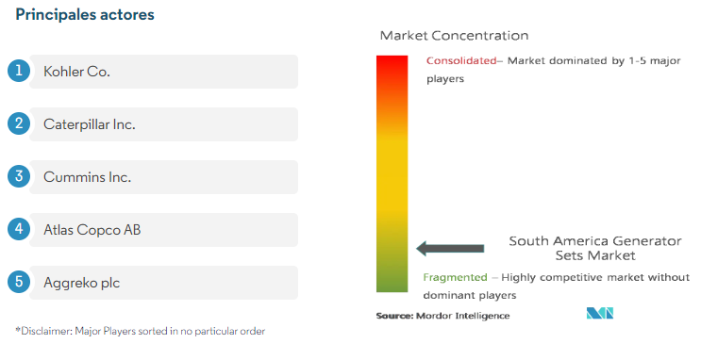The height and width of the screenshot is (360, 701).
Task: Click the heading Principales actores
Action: pos(85,15)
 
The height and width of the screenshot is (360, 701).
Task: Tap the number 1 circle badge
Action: pos(19,71)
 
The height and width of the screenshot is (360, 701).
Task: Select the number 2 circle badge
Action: pos(19,123)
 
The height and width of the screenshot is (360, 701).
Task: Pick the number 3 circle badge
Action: pos(19,176)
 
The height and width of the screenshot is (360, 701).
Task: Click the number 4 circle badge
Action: pos(19,229)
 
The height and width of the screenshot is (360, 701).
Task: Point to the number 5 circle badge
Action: pos(19,282)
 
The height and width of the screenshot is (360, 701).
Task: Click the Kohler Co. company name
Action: pos(76,72)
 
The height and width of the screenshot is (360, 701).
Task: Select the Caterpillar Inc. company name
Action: pos(90,124)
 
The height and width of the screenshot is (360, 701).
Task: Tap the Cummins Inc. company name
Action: pos(87,177)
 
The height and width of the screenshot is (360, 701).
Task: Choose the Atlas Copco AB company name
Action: pos(92,230)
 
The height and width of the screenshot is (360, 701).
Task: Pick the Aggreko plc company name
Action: pos(82,283)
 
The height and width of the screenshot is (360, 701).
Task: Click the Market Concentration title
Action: pos(454,36)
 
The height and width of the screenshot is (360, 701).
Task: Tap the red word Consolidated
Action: pos(461,60)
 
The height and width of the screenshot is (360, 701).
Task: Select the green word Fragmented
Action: pos(455,277)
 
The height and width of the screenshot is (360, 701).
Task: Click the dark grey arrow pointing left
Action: pos(450,249)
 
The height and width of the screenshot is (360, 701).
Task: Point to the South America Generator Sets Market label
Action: pos(595,249)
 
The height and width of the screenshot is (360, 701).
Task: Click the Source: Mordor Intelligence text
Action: pos(442,316)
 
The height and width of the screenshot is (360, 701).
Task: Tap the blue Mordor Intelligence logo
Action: pos(600,313)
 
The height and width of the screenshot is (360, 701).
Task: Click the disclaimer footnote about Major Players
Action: pos(141,331)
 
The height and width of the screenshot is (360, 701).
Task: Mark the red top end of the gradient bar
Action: pos(392,57)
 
